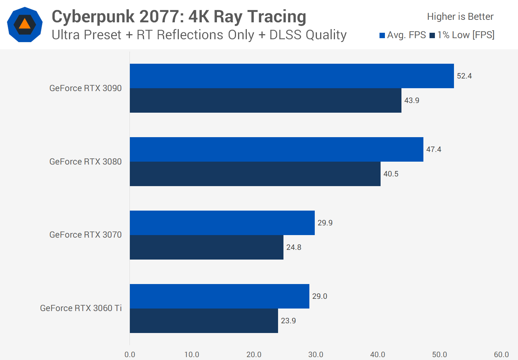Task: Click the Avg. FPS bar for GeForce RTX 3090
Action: coord(291,76)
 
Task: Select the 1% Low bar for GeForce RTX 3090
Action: coord(265,100)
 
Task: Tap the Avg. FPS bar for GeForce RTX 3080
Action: coord(276,149)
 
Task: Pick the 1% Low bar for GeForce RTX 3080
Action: coord(255,174)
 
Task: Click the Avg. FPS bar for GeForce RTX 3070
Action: coord(222,223)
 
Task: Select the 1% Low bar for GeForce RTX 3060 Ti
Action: coord(204,321)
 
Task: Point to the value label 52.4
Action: coord(464,76)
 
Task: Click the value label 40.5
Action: coord(391,174)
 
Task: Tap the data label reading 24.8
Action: coord(294,247)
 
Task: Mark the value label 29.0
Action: coord(319,296)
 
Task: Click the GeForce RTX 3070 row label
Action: coord(86,235)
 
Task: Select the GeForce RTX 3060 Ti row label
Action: coord(81,308)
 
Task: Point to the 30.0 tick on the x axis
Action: coord(315,355)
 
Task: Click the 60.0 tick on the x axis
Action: coord(501,355)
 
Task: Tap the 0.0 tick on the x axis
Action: coord(130,355)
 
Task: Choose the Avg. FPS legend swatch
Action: coord(382,35)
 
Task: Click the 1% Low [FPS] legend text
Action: coord(466,35)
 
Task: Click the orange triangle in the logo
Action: coord(24,24)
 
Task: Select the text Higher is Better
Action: coord(460,17)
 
